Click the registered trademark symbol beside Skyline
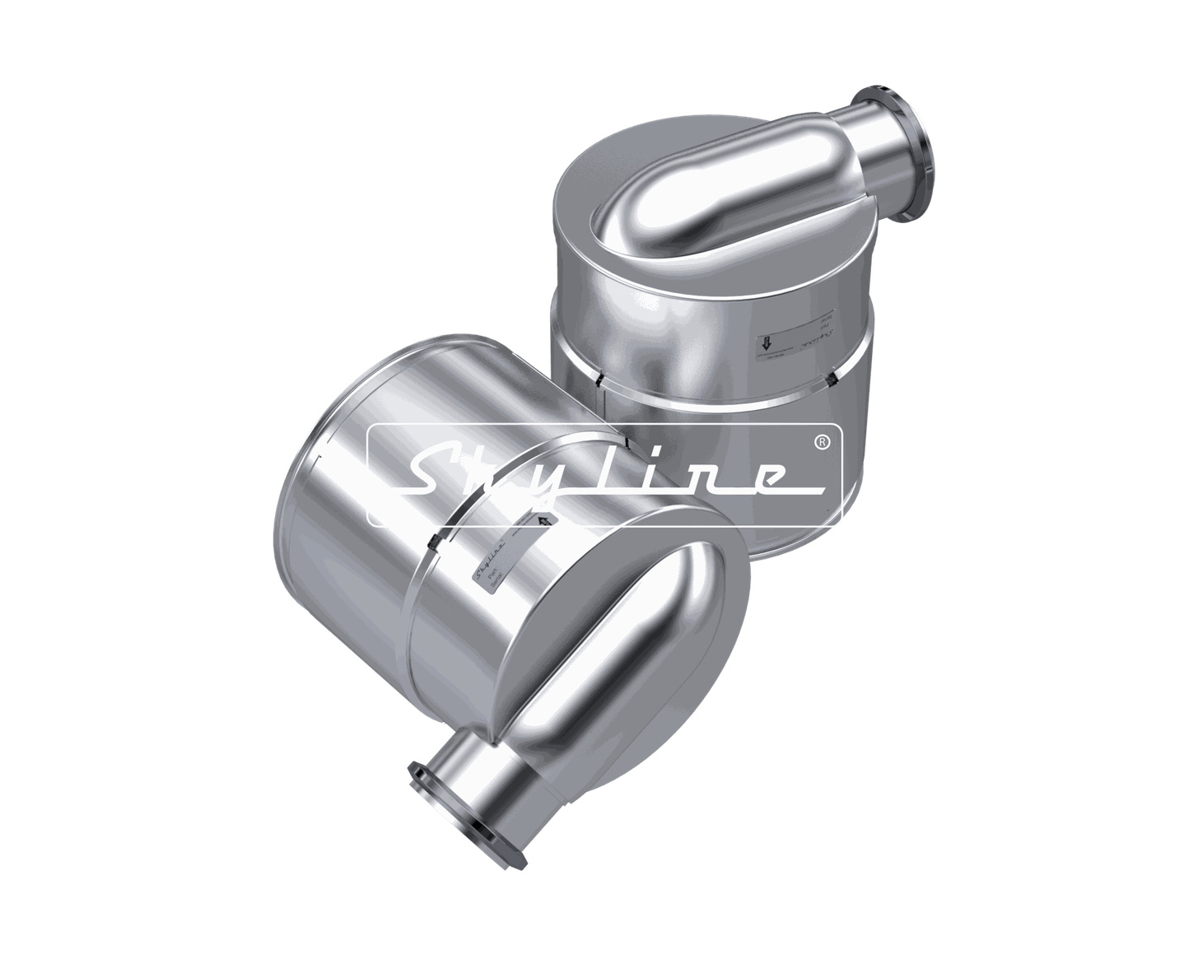click(821, 442)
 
